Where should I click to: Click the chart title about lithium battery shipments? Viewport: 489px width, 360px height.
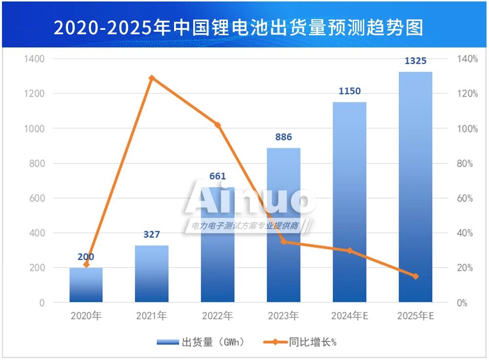click(238, 27)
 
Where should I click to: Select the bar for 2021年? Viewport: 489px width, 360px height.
click(152, 273)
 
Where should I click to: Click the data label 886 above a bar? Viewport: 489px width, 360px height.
click(284, 137)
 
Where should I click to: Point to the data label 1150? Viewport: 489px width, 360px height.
click(349, 91)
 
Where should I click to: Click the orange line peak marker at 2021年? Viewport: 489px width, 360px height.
click(152, 78)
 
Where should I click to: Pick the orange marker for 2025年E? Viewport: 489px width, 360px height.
click(415, 276)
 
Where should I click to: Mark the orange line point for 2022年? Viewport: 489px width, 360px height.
click(218, 125)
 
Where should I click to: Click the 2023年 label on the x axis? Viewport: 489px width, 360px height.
click(284, 316)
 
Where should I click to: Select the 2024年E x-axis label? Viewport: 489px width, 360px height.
click(349, 316)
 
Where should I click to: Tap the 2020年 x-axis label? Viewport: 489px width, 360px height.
click(86, 316)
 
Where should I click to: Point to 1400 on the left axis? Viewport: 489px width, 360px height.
click(35, 59)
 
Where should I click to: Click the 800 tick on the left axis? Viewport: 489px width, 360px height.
click(37, 163)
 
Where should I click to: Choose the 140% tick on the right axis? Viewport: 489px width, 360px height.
click(467, 59)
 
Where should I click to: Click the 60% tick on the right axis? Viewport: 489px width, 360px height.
click(466, 198)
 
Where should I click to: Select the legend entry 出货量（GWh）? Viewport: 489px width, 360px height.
click(200, 342)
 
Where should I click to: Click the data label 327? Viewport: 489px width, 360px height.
click(152, 235)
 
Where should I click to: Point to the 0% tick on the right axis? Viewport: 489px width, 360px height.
click(463, 303)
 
